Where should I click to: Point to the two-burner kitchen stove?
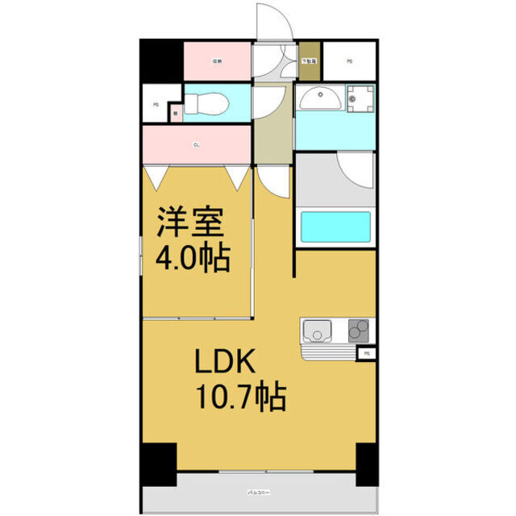(358, 331)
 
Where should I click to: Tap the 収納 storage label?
(217, 60)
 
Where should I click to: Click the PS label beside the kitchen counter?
(368, 353)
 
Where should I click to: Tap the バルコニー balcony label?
(258, 489)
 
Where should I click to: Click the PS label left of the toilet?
(155, 105)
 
